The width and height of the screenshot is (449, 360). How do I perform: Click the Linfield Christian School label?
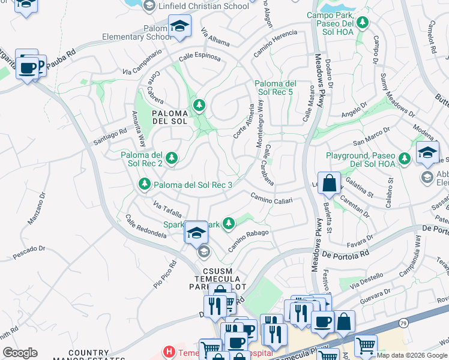coord(203,6)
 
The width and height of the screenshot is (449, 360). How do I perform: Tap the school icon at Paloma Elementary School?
coord(179,26)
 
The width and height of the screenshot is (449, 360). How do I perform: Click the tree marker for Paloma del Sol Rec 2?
coord(172,158)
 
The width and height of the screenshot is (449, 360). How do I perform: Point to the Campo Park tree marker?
coord(362,23)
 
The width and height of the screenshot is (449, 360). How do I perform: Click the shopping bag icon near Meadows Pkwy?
coord(330,184)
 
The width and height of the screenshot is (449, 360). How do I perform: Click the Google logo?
coord(20,353)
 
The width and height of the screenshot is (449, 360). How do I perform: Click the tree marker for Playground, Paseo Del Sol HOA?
coord(405,158)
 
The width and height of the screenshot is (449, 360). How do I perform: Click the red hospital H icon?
coord(170,352)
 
